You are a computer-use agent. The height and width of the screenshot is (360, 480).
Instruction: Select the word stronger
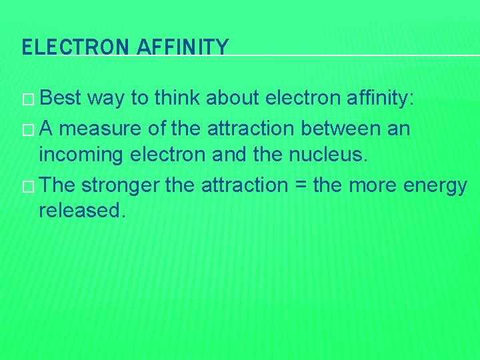(x=120, y=184)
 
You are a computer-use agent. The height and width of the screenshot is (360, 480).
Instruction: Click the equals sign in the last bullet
(x=299, y=185)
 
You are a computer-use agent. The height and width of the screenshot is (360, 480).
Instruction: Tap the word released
(x=82, y=211)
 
